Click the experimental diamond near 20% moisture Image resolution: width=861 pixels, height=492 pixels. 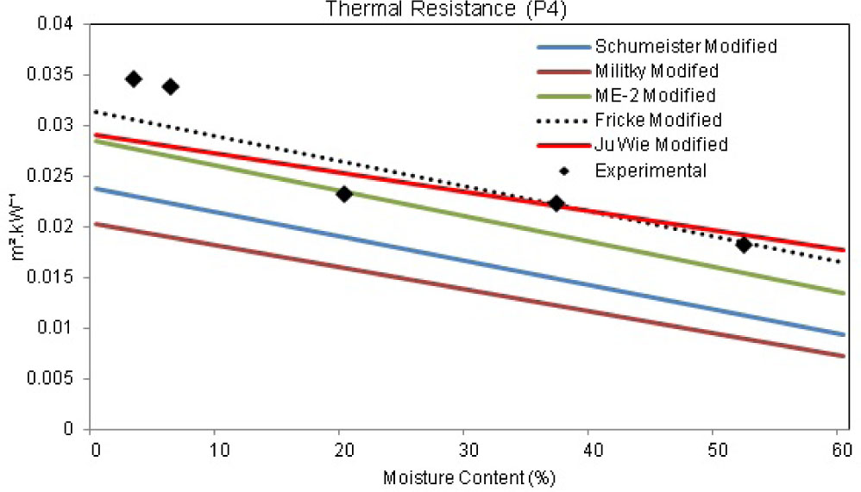(x=343, y=194)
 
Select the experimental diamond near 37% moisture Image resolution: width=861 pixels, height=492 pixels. (x=556, y=203)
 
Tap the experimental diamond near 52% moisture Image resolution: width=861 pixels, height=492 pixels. (x=743, y=245)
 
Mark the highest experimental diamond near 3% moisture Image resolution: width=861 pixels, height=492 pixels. (x=133, y=79)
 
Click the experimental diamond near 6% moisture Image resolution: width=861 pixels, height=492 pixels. (x=170, y=86)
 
